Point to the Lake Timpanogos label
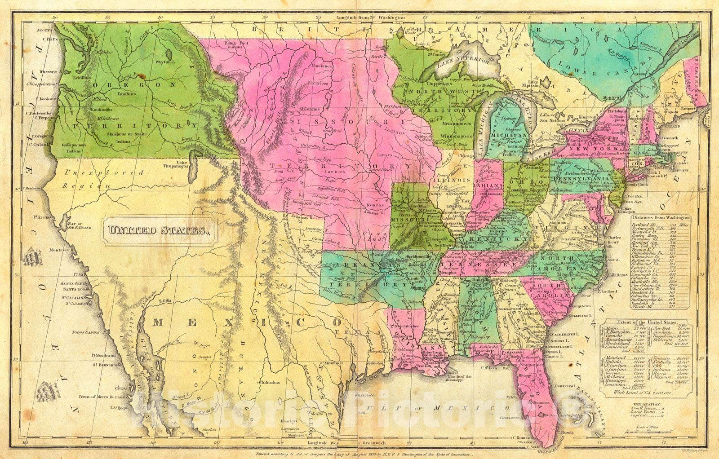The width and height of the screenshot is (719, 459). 188,165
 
